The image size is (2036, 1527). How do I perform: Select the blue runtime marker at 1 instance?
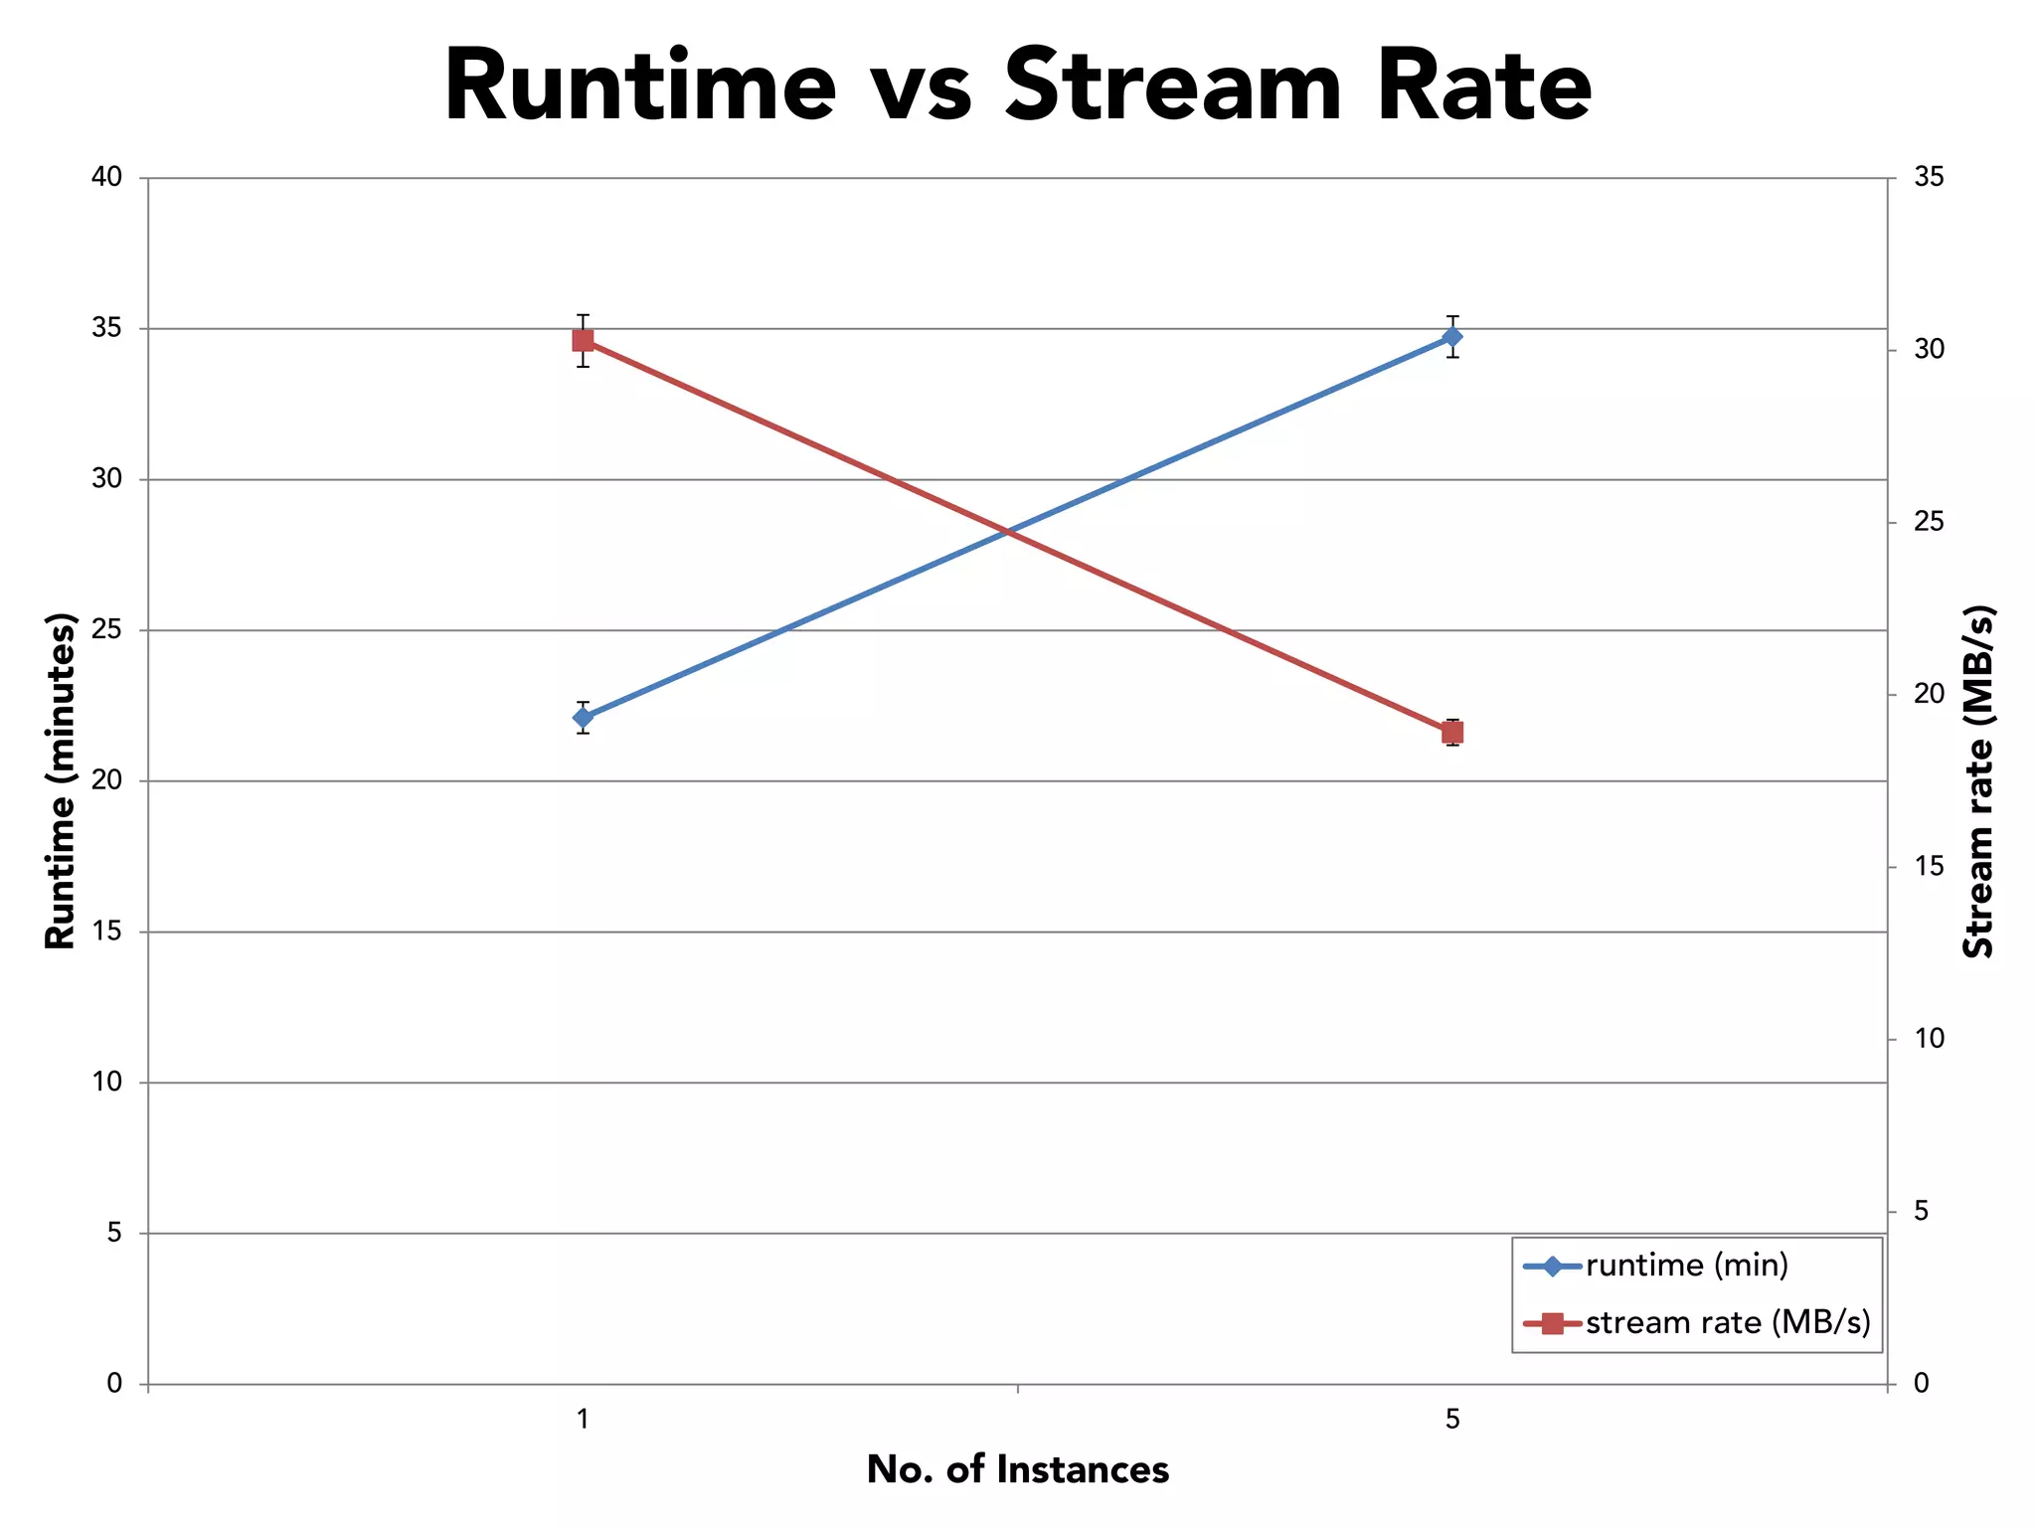click(584, 717)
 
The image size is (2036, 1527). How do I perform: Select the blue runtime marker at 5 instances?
click(1452, 337)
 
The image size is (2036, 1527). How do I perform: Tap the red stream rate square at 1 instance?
click(584, 341)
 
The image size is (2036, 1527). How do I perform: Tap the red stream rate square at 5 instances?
click(1452, 733)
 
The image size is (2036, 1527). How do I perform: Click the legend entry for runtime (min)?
click(1687, 1266)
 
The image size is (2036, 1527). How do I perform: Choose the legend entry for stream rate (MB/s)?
click(1728, 1323)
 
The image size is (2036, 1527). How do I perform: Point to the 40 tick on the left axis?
click(106, 177)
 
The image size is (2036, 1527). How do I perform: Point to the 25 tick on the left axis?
click(106, 629)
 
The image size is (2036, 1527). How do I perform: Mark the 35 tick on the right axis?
click(1929, 177)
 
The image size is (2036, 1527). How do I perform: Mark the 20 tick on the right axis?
click(1929, 694)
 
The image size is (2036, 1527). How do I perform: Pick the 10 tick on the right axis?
click(1929, 1039)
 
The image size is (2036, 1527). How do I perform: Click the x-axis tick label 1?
click(584, 1419)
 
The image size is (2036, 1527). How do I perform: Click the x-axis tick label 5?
click(1452, 1419)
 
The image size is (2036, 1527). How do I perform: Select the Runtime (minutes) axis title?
click(62, 780)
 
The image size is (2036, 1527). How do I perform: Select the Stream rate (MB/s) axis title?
click(1978, 780)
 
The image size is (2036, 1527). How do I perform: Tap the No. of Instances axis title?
click(1017, 1470)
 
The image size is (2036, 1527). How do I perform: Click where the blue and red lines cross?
click(1010, 532)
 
